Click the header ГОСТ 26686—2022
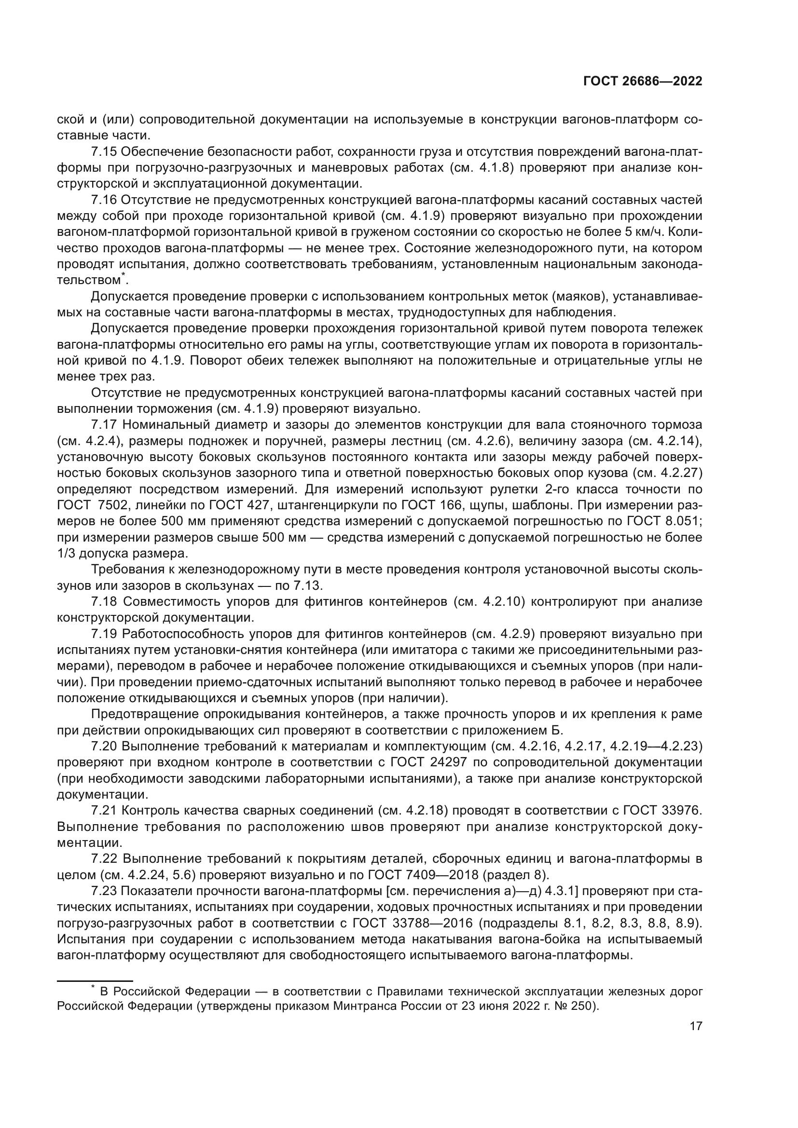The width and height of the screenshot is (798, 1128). click(x=643, y=81)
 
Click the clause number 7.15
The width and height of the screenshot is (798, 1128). click(x=104, y=152)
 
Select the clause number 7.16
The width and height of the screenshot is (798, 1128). click(x=104, y=200)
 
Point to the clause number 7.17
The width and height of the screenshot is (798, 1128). click(x=104, y=425)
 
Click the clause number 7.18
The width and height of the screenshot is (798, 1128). click(x=104, y=602)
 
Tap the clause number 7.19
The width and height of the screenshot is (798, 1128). click(x=104, y=634)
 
